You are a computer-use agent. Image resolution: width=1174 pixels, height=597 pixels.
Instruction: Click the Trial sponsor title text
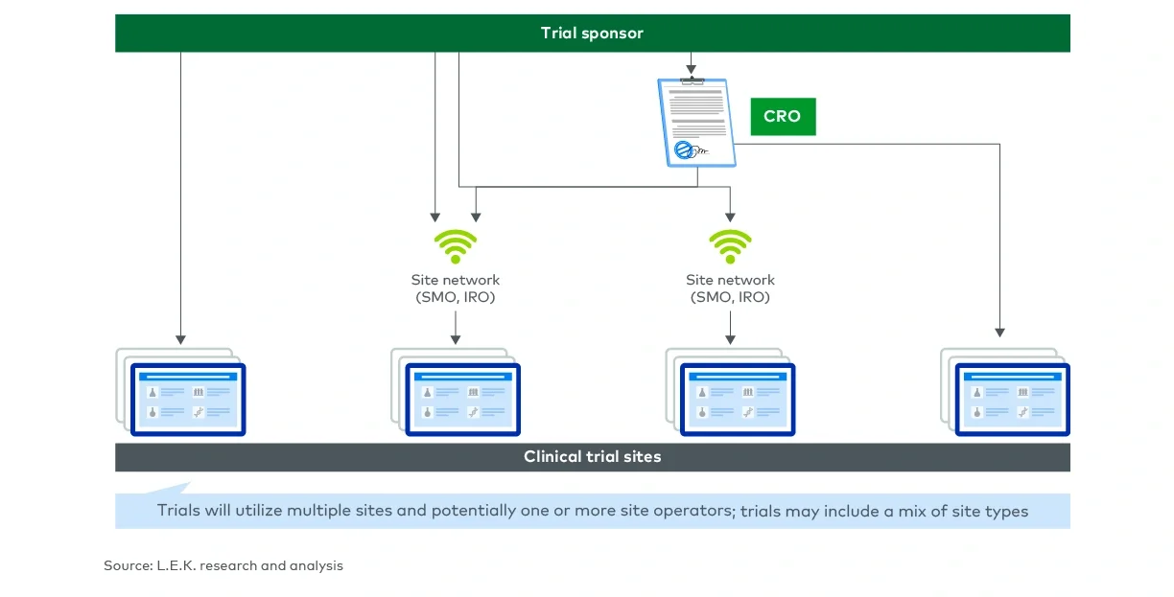coord(592,34)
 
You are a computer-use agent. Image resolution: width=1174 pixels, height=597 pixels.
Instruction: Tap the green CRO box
coord(782,116)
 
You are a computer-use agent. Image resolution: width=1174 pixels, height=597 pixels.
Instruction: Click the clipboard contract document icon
coord(695,123)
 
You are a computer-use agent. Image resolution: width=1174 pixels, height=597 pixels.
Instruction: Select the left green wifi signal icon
coord(456,246)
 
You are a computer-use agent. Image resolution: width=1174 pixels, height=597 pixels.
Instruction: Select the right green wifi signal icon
coord(730,246)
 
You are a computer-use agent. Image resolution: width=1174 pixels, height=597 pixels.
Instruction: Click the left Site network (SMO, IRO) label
coord(456,288)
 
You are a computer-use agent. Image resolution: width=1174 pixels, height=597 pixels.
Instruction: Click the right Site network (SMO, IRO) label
coord(730,288)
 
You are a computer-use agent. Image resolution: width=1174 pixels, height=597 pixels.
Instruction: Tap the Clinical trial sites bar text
coord(592,457)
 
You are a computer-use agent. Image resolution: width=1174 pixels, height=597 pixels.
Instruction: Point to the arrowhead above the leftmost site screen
coord(180,339)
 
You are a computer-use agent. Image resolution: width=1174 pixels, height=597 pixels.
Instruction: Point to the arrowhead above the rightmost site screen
coord(999,332)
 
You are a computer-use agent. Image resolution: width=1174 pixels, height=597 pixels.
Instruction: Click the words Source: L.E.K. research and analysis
coord(223,566)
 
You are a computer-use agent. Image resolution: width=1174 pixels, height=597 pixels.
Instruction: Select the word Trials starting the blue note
coord(178,511)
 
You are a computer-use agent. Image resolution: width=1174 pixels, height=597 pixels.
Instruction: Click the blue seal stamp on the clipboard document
coord(684,149)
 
